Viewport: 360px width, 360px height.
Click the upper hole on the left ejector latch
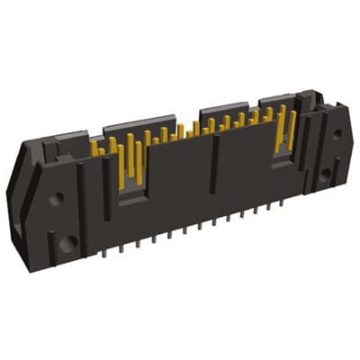tap(55, 199)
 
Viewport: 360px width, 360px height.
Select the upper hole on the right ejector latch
tap(337, 134)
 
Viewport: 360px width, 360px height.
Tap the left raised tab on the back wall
tap(139, 123)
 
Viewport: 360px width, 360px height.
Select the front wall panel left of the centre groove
tap(175, 198)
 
